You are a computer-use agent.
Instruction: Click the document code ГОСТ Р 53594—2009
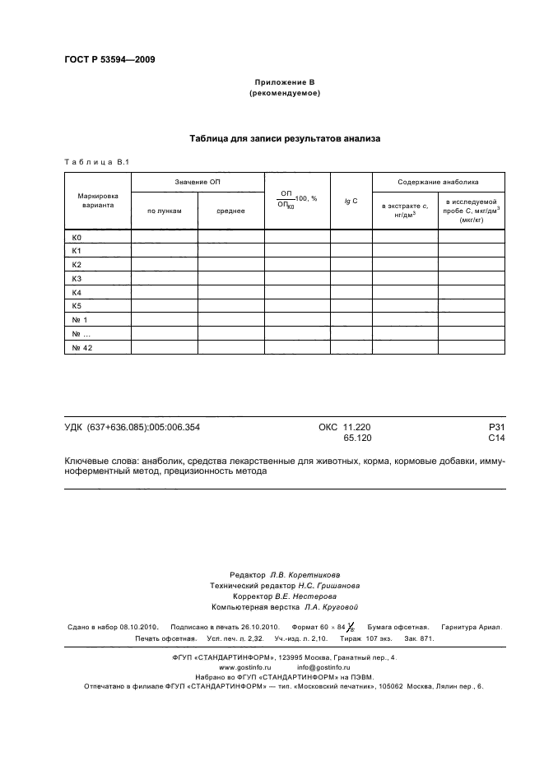point(109,60)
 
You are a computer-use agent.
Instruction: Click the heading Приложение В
point(284,83)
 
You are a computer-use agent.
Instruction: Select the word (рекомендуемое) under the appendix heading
point(284,94)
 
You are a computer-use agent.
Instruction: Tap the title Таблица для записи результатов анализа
point(285,139)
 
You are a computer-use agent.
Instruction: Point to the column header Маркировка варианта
point(98,202)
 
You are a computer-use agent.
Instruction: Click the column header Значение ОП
point(198,182)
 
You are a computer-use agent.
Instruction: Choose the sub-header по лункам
point(164,211)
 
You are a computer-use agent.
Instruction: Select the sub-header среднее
point(230,211)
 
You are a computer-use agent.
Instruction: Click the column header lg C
point(351,202)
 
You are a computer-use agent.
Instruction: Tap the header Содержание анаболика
point(438,182)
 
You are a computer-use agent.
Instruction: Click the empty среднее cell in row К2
point(230,265)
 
